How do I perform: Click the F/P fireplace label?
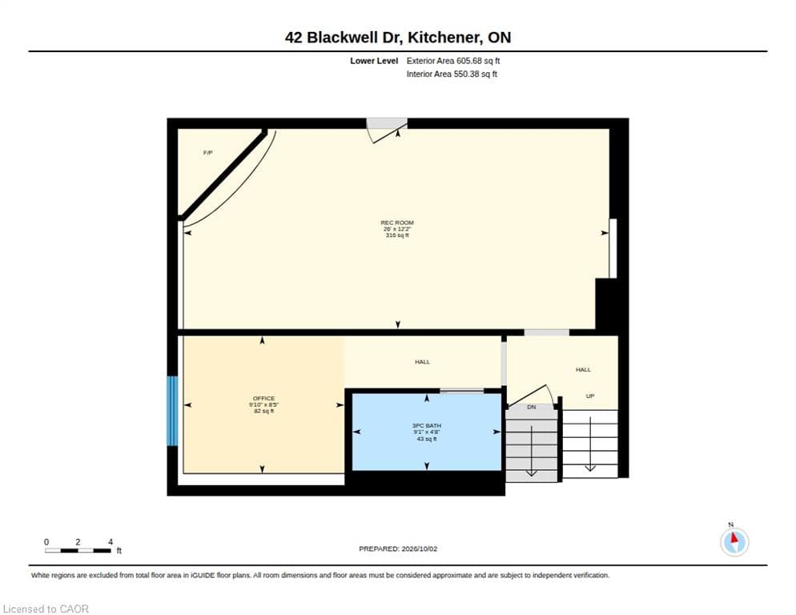[x=207, y=153]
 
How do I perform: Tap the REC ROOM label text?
[x=397, y=223]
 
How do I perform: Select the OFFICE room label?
[x=264, y=399]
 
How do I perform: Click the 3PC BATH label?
[x=426, y=425]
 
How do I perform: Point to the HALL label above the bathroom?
[x=422, y=362]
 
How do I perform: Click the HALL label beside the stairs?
[x=583, y=370]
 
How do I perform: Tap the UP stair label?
[x=590, y=396]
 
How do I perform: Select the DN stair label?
[x=532, y=408]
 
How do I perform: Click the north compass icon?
[x=734, y=542]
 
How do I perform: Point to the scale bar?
[x=78, y=550]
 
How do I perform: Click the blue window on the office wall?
[x=173, y=411]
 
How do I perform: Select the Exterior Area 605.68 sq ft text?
[x=452, y=61]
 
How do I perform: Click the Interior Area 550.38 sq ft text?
[x=452, y=74]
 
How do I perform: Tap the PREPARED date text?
[x=398, y=549]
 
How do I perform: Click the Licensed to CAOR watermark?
[x=46, y=609]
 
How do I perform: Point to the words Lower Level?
[x=374, y=61]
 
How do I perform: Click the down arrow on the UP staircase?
[x=590, y=444]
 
